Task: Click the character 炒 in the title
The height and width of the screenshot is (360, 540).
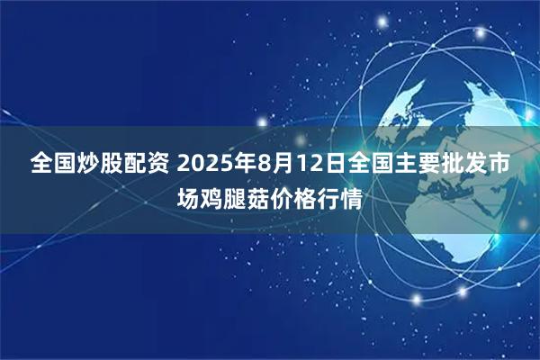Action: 86,166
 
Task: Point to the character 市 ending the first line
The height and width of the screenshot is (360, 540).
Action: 504,166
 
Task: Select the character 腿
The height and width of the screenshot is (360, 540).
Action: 235,198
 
